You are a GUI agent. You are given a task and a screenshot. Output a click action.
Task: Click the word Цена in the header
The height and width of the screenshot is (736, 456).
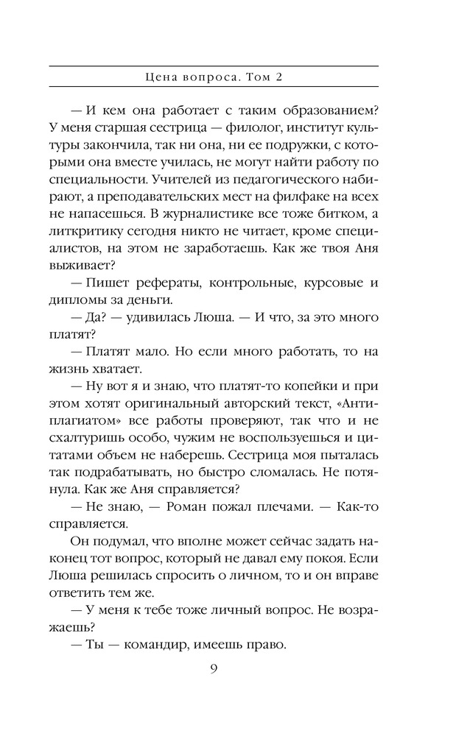pyautogui.click(x=161, y=76)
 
